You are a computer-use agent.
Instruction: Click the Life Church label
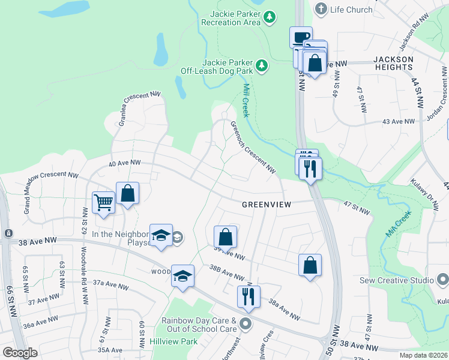(x=351, y=9)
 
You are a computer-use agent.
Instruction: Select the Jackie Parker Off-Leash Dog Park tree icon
(x=261, y=65)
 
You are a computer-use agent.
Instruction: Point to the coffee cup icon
(x=301, y=37)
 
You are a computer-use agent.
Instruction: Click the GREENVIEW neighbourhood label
(x=266, y=205)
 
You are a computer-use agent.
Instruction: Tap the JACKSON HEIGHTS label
(x=393, y=64)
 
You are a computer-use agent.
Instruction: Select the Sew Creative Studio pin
(x=443, y=280)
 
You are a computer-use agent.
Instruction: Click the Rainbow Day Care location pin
(x=245, y=325)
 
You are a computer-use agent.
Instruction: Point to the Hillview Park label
(x=173, y=341)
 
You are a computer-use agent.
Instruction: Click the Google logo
(x=20, y=353)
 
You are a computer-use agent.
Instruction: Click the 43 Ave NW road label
(x=399, y=121)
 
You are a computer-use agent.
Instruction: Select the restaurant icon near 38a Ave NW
(x=248, y=296)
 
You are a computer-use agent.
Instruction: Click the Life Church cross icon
(x=321, y=9)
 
